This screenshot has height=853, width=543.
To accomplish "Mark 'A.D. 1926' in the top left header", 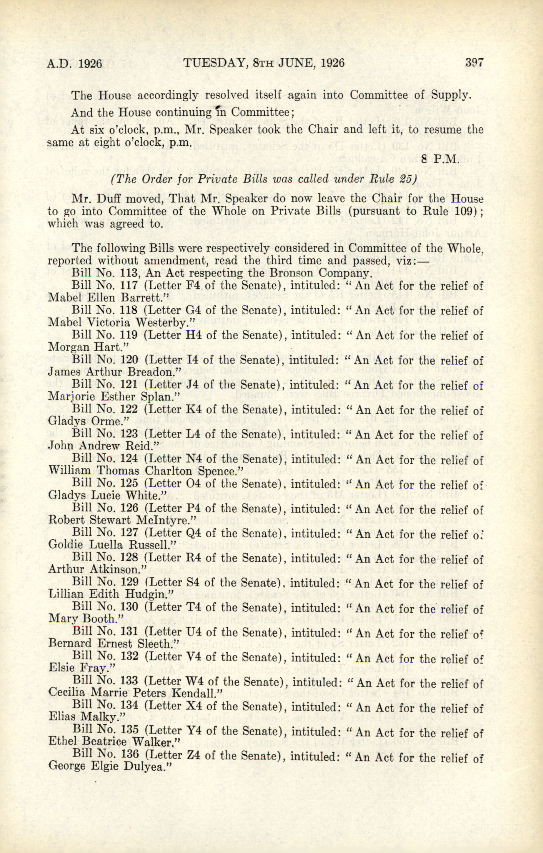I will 75,63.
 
